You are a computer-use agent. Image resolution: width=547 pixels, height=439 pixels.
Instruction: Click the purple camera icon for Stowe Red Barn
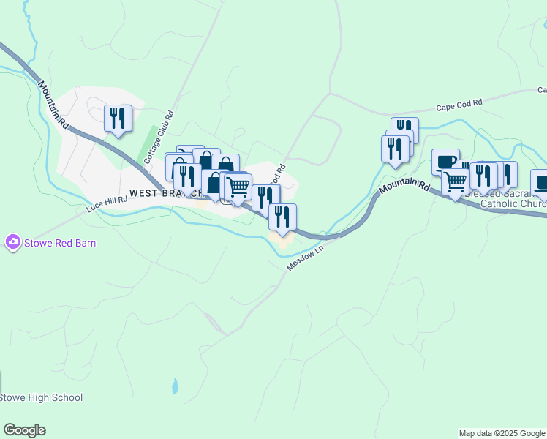click(12, 242)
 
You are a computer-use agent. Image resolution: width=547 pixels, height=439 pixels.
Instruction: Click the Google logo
click(24, 430)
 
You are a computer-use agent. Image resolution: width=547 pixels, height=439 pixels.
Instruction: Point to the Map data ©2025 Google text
click(501, 433)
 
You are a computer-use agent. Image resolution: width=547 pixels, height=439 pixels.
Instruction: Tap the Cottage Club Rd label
click(159, 136)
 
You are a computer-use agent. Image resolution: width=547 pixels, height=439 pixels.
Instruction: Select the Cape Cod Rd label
click(459, 105)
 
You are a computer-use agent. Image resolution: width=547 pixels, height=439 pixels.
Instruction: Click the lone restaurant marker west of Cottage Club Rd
click(118, 118)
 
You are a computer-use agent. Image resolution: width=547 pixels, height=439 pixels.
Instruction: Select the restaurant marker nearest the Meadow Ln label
click(282, 217)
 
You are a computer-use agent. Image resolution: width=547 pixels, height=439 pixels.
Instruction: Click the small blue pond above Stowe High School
click(174, 385)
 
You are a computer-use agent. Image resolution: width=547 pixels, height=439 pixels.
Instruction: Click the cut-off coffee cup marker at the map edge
click(540, 182)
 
